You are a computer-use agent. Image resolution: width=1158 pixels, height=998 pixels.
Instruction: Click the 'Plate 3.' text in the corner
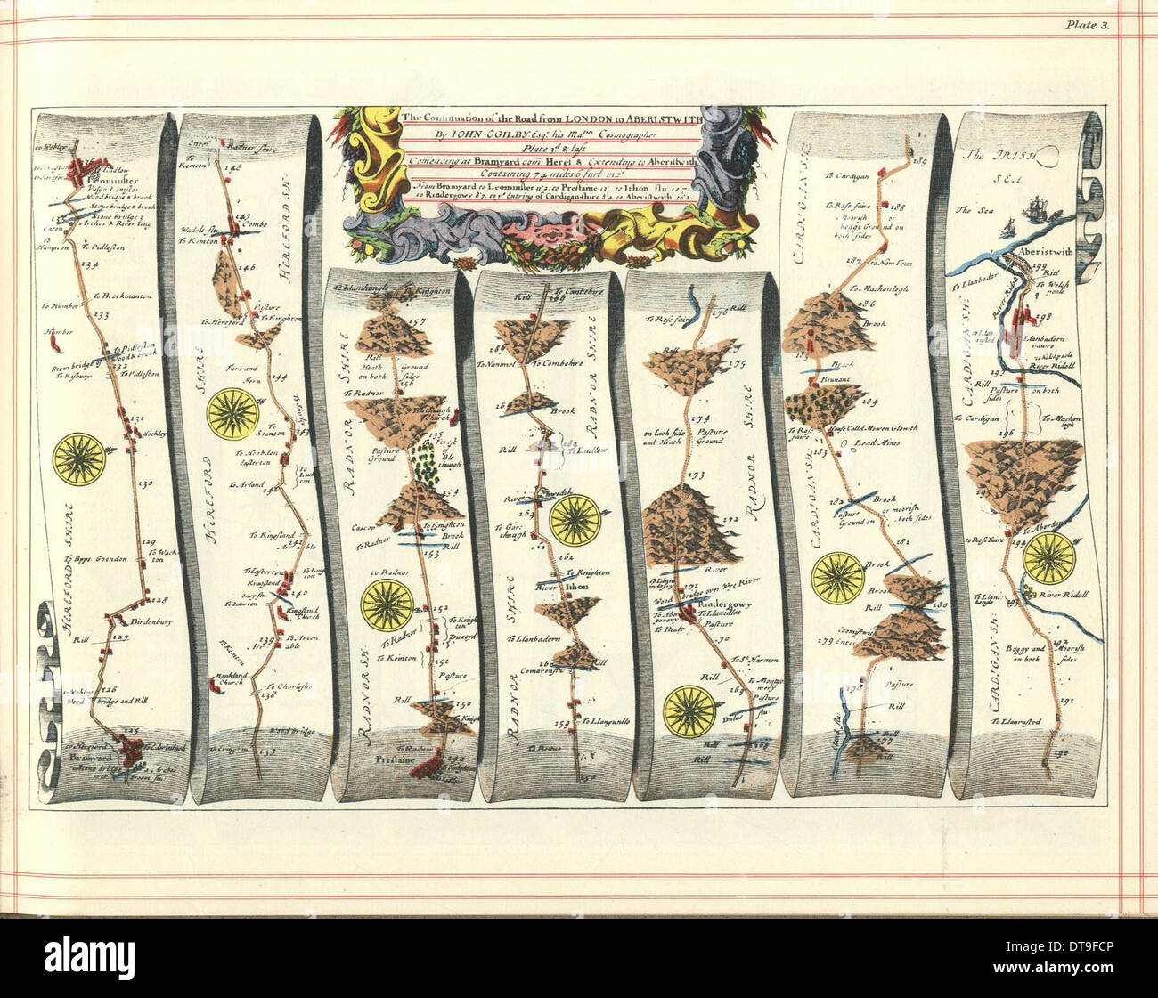[x=1086, y=25]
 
